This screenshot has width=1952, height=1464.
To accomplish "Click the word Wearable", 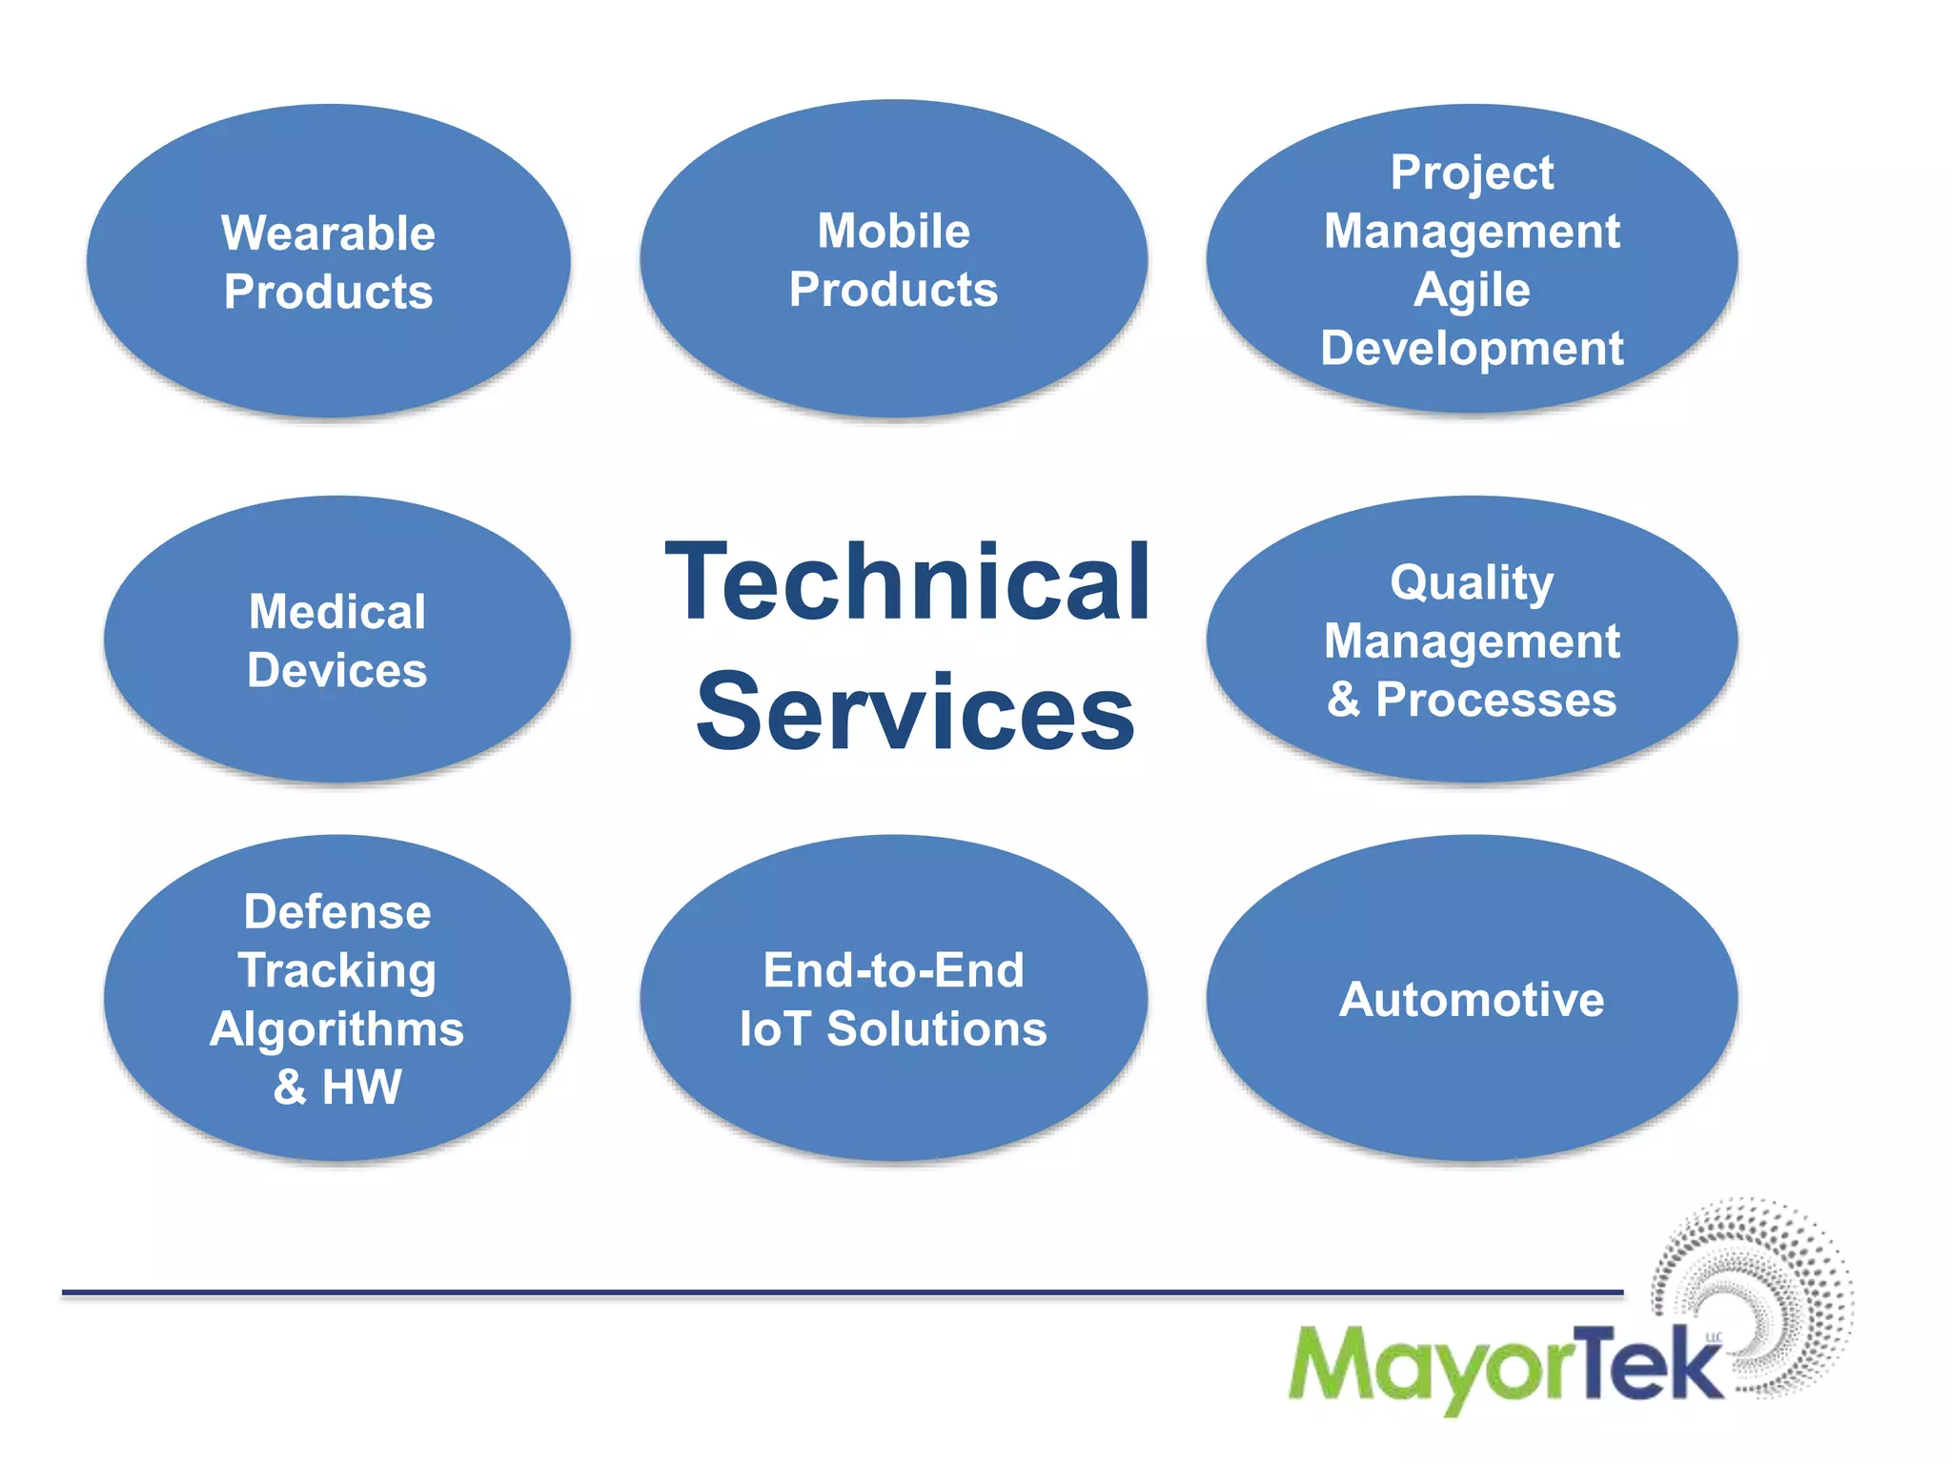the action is tap(328, 234).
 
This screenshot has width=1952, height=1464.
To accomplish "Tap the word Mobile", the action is tap(894, 231).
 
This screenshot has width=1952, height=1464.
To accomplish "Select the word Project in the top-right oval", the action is tap(1472, 173).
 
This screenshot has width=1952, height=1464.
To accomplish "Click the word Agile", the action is tap(1472, 290).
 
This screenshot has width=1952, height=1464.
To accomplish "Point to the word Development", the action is tap(1472, 349).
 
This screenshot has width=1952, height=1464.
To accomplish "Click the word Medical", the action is tap(337, 612).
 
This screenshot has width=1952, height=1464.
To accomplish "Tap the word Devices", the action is tap(337, 670).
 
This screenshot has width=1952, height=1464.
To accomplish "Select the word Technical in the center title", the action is tap(907, 581).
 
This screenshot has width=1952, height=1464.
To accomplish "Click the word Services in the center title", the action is tap(915, 712).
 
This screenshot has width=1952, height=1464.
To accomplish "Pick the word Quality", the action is tap(1472, 583).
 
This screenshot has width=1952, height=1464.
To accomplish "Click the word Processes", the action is tap(1495, 700).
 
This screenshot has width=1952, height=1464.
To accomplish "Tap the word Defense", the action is tap(337, 912).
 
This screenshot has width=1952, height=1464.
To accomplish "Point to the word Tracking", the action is tap(337, 971).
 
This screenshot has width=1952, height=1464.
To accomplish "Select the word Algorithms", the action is tap(337, 1029).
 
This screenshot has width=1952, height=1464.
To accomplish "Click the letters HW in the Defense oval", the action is tap(362, 1088).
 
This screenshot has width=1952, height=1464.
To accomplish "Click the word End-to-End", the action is tap(894, 971).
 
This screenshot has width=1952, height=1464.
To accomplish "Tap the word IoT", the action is tap(774, 1029).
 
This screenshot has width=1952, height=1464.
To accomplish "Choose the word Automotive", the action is tap(1472, 1000).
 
